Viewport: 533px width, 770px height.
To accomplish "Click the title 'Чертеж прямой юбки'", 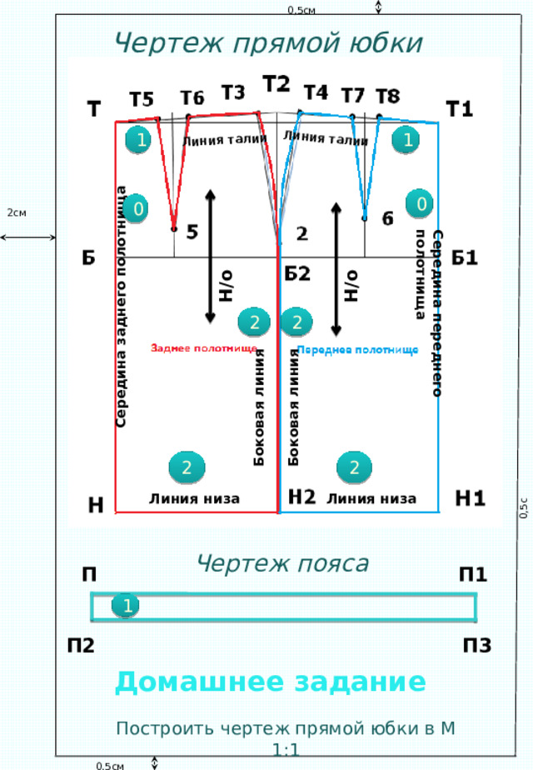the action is pyautogui.click(x=268, y=42).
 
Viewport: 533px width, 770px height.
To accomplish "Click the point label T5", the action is pyautogui.click(x=142, y=99).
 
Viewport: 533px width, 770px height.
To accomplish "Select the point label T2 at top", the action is pyautogui.click(x=276, y=84).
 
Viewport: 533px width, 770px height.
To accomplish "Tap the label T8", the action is pyautogui.click(x=388, y=97).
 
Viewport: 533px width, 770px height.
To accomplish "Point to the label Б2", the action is pyautogui.click(x=297, y=273).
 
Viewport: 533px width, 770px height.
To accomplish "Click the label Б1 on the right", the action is pyautogui.click(x=464, y=257).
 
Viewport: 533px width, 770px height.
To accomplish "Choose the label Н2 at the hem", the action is pyautogui.click(x=301, y=497).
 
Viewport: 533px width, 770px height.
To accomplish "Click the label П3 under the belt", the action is pyautogui.click(x=477, y=645).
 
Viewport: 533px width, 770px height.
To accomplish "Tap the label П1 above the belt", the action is pyautogui.click(x=473, y=573).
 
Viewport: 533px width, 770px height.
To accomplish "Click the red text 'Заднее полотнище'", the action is pyautogui.click(x=204, y=348).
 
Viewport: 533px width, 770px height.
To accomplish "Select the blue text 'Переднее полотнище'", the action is pyautogui.click(x=358, y=350).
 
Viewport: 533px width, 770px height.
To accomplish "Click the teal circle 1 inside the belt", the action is pyautogui.click(x=126, y=606).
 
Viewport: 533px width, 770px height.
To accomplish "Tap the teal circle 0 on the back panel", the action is pyautogui.click(x=137, y=208).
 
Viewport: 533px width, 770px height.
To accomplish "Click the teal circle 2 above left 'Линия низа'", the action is pyautogui.click(x=187, y=467).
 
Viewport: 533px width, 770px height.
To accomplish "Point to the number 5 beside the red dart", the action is pyautogui.click(x=192, y=232).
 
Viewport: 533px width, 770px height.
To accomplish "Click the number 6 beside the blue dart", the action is pyautogui.click(x=388, y=218).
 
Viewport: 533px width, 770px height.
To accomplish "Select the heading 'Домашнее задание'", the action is pyautogui.click(x=271, y=682).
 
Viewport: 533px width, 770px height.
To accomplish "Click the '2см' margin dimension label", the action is pyautogui.click(x=16, y=212).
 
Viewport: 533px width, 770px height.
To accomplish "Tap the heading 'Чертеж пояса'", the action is pyautogui.click(x=282, y=563).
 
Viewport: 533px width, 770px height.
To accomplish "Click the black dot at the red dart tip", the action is pyautogui.click(x=174, y=229).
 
